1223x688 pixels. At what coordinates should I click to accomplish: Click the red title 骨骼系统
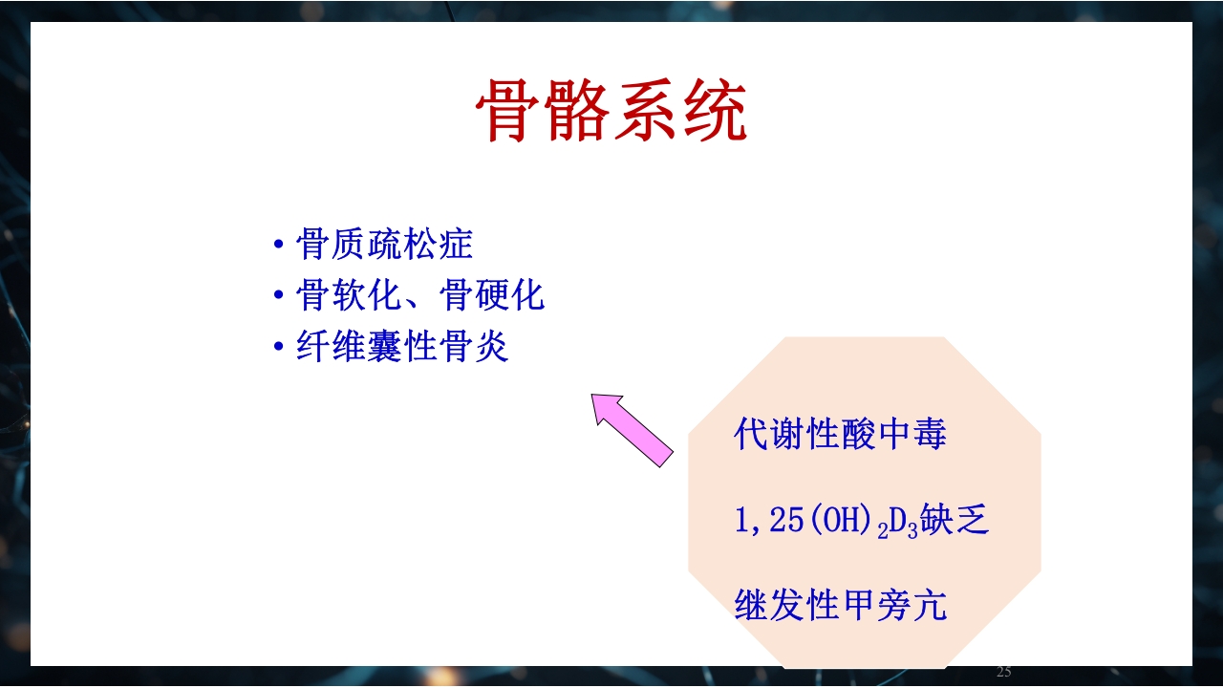point(611,112)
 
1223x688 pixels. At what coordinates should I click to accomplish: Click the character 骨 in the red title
point(508,112)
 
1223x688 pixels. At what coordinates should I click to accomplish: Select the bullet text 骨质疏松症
point(384,245)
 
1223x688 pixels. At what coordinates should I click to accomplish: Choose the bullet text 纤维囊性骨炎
point(402,347)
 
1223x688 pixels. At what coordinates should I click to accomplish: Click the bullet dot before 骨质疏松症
point(279,246)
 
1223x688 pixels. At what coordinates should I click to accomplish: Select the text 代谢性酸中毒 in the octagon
point(840,435)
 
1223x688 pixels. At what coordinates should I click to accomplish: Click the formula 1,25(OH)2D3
point(826,523)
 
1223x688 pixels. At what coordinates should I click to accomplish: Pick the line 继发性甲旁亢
point(840,606)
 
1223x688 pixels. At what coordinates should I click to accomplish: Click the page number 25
point(1003,672)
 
